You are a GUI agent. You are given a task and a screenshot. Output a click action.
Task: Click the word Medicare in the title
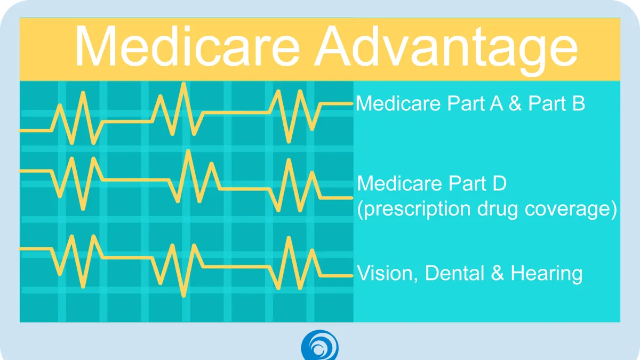pos(187,46)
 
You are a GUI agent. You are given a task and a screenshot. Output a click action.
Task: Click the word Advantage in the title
pos(446,51)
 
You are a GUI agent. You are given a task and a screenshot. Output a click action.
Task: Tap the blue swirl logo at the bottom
pos(319,345)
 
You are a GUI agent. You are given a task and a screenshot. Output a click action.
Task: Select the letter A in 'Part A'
pos(497,103)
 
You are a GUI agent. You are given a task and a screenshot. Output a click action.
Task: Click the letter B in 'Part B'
pos(579,103)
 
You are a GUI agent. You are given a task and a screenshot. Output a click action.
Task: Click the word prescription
pos(417,209)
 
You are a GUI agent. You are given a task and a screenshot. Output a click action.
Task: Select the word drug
pos(498,209)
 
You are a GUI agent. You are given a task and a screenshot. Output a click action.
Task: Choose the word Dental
pos(455,273)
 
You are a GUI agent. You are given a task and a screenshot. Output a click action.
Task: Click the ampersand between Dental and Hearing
pos(498,273)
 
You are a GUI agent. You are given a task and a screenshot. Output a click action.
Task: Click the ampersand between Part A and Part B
pos(515,103)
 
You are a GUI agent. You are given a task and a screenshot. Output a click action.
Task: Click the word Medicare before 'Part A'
pos(398,103)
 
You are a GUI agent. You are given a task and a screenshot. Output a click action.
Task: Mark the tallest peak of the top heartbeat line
pos(183,83)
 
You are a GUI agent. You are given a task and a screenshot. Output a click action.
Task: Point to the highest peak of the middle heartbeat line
pos(188,151)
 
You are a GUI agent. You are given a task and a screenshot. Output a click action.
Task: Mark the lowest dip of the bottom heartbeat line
pos(184,296)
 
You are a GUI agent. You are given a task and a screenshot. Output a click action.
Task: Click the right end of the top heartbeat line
pos(353,103)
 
